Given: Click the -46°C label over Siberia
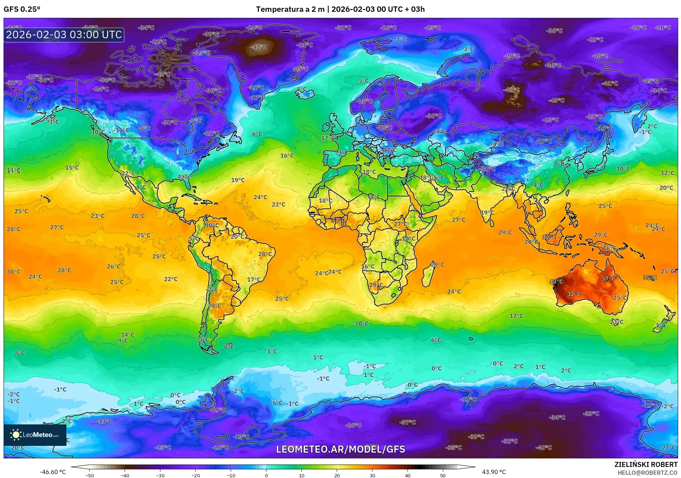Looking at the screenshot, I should [x=511, y=90].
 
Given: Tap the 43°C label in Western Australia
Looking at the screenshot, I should [x=556, y=282].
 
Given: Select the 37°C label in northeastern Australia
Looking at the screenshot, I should [x=608, y=279].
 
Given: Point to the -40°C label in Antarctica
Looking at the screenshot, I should [x=544, y=447].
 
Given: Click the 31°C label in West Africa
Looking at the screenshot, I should [x=338, y=220].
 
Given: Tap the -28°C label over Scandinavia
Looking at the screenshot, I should [x=365, y=101].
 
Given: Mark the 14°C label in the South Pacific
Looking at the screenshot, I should [x=127, y=335].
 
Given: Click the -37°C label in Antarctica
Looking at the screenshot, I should [x=407, y=422].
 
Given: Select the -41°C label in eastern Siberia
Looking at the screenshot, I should [x=610, y=83].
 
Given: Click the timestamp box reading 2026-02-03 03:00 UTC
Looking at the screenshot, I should [x=64, y=35].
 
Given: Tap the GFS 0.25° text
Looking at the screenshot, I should [x=22, y=9].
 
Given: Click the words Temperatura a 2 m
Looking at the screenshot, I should [x=290, y=9].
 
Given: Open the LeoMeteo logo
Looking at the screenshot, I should [x=35, y=435].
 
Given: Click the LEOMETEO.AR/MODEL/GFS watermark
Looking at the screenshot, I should [x=340, y=449].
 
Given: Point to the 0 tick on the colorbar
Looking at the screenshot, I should [x=266, y=475].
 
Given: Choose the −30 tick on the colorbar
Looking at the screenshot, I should [x=160, y=475].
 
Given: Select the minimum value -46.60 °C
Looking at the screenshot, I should [x=52, y=472].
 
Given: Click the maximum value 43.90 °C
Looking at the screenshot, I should [x=494, y=472].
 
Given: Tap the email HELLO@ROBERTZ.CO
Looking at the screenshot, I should [x=647, y=473].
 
